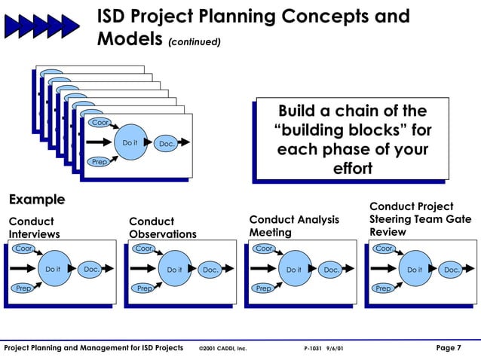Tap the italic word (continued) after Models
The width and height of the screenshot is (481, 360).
click(x=195, y=42)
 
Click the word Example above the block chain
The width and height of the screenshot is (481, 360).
click(x=36, y=200)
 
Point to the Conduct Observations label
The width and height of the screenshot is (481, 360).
click(x=162, y=227)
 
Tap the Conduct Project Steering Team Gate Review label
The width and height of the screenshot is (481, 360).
click(x=411, y=219)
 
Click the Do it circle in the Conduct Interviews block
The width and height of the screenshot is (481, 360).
click(x=53, y=269)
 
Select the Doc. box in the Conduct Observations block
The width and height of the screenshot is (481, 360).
click(x=210, y=270)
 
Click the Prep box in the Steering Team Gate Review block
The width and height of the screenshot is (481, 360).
click(x=383, y=288)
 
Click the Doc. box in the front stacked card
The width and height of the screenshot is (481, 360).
click(x=165, y=144)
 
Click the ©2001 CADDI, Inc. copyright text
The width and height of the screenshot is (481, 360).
click(x=222, y=349)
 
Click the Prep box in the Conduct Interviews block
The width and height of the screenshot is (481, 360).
click(x=23, y=288)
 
